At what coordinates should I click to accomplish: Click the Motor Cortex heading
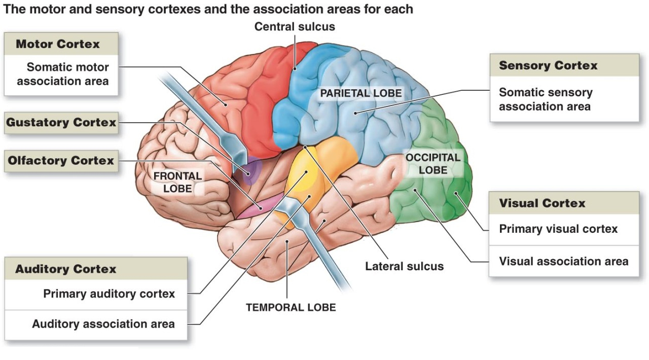point(58,44)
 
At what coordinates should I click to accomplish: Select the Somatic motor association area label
point(63,74)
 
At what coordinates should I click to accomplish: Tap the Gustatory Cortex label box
point(61,123)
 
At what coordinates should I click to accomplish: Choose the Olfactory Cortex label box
point(61,161)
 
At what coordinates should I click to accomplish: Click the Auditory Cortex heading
point(66,269)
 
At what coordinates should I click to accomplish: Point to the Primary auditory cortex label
point(109,294)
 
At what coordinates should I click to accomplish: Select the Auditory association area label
point(103,324)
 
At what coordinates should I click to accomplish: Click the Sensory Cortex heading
point(548,65)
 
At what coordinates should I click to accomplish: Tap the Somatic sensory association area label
point(546,99)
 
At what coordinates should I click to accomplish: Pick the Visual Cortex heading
point(542,203)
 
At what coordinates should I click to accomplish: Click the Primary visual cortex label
point(558,229)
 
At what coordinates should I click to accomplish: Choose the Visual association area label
point(563,262)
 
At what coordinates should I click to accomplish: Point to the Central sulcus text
point(295,26)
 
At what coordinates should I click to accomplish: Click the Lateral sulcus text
point(404,266)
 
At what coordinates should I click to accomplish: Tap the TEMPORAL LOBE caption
point(291,307)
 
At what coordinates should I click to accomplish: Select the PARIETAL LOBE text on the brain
point(360,93)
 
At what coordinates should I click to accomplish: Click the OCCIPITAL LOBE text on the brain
point(432,164)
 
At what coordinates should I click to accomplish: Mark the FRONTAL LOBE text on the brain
point(177,182)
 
